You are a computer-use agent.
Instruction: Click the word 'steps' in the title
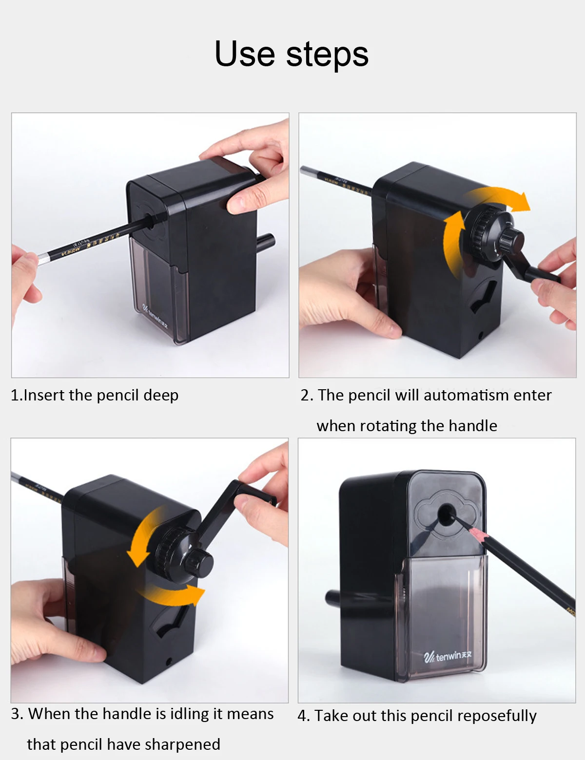[x=327, y=55]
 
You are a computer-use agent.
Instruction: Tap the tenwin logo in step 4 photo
[x=448, y=656]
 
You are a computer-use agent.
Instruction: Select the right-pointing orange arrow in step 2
[x=502, y=199]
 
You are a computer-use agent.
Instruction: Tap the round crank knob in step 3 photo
[x=199, y=563]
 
